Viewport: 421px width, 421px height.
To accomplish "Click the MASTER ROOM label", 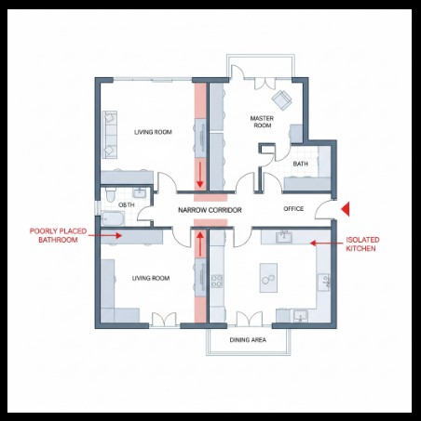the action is [x=262, y=122].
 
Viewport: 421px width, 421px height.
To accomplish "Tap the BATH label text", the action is [x=301, y=164].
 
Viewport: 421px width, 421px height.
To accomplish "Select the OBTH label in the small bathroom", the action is [x=127, y=204].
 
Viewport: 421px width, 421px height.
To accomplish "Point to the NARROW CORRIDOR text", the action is [x=210, y=210].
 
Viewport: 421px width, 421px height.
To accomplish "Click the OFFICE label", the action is [x=293, y=209].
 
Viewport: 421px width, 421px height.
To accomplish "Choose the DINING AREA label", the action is [x=248, y=340].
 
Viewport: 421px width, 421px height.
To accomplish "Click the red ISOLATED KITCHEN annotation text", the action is [x=362, y=243].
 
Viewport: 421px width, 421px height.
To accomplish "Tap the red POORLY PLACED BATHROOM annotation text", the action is [x=58, y=235].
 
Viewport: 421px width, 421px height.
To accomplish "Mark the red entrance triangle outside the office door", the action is [x=346, y=209].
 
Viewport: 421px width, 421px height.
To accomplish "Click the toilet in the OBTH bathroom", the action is [x=110, y=194].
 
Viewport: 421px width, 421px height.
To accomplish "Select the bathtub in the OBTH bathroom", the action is [x=113, y=218].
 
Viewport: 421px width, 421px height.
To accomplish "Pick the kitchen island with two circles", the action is [x=268, y=278].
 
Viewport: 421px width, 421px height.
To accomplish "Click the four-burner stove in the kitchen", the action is [x=217, y=282].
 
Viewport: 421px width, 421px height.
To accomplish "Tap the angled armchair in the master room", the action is [x=282, y=99].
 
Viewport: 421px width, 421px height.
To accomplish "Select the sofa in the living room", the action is [x=110, y=135].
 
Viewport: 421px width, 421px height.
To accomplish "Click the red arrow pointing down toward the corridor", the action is [x=200, y=175].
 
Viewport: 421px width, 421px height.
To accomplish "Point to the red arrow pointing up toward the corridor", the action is [x=200, y=243].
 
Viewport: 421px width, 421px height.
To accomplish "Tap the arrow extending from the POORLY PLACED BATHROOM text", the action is [x=105, y=235].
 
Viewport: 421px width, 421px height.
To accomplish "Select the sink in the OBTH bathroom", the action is [x=140, y=193].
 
